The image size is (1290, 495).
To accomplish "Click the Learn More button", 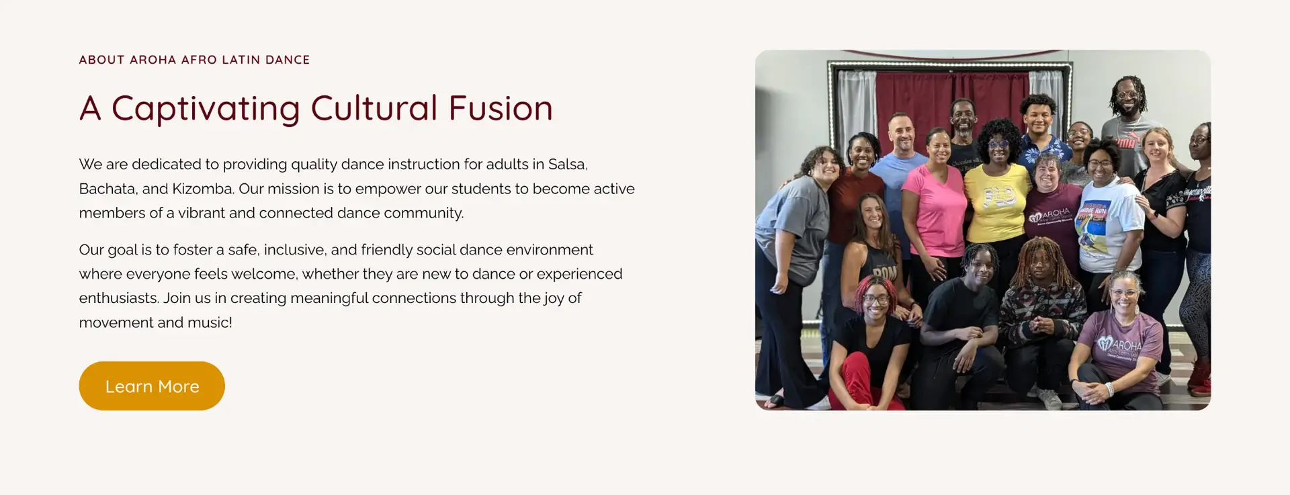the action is tap(152, 386).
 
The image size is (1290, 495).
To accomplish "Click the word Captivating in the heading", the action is tap(206, 109).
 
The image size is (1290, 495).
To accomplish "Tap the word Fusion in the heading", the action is tap(501, 108).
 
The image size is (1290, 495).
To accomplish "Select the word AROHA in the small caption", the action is tap(153, 60).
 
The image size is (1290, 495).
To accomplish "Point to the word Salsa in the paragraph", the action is tap(568, 165).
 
